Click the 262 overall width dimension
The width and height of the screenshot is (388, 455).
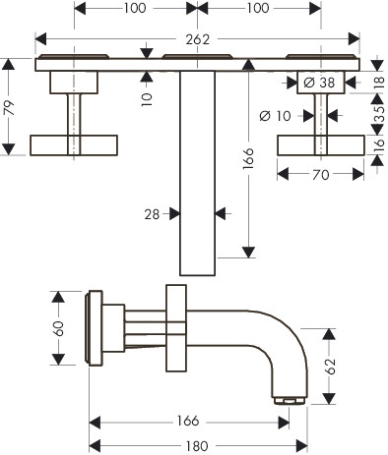click(197, 39)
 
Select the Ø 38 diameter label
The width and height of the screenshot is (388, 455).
click(319, 83)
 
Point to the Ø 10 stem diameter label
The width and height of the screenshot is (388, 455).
click(275, 116)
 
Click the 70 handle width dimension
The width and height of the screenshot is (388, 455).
click(320, 175)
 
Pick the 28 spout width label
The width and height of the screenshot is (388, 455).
click(152, 214)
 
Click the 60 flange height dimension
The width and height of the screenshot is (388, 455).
click(59, 328)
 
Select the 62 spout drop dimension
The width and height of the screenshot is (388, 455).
click(331, 367)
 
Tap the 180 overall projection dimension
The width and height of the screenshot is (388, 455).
click(197, 446)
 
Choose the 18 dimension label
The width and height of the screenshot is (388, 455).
click(379, 82)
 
